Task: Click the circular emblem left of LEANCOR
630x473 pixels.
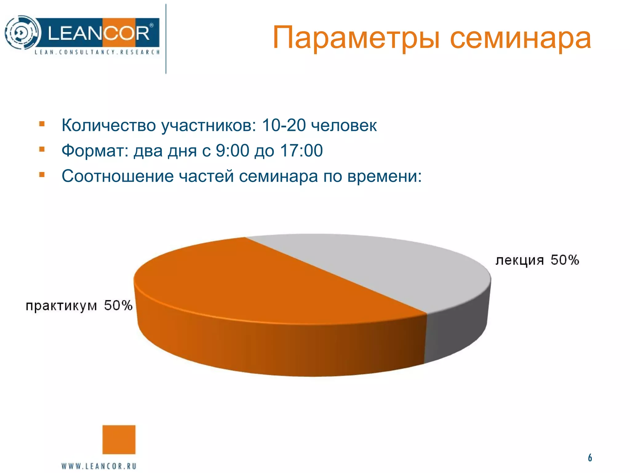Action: click(22, 32)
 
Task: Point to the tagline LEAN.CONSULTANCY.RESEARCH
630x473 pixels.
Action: click(97, 52)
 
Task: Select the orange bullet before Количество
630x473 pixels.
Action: click(42, 124)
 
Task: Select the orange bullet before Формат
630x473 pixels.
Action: click(42, 150)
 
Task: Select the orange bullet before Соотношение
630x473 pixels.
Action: click(42, 175)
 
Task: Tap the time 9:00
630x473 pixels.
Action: click(232, 151)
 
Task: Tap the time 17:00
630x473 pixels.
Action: click(301, 151)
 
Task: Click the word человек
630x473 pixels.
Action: click(344, 126)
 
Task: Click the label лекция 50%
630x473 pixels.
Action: click(537, 260)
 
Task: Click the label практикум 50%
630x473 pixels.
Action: click(79, 306)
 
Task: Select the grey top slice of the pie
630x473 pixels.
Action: click(385, 265)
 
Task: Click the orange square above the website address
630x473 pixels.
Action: click(119, 439)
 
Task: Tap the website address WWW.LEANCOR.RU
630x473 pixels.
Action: click(99, 466)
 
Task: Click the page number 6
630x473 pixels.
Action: click(590, 458)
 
